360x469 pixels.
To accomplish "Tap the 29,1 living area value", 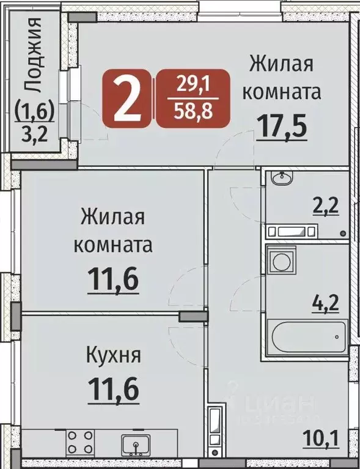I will pos(193,84).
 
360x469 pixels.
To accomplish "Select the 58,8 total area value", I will pos(193,111).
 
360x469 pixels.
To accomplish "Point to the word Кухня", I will pos(112,355).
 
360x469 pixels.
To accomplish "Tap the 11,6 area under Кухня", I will pos(112,388).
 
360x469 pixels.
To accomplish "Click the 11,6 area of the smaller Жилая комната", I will pos(114,280).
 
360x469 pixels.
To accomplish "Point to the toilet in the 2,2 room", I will pos(292,232).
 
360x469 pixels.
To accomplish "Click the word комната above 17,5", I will pos(282,94).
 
